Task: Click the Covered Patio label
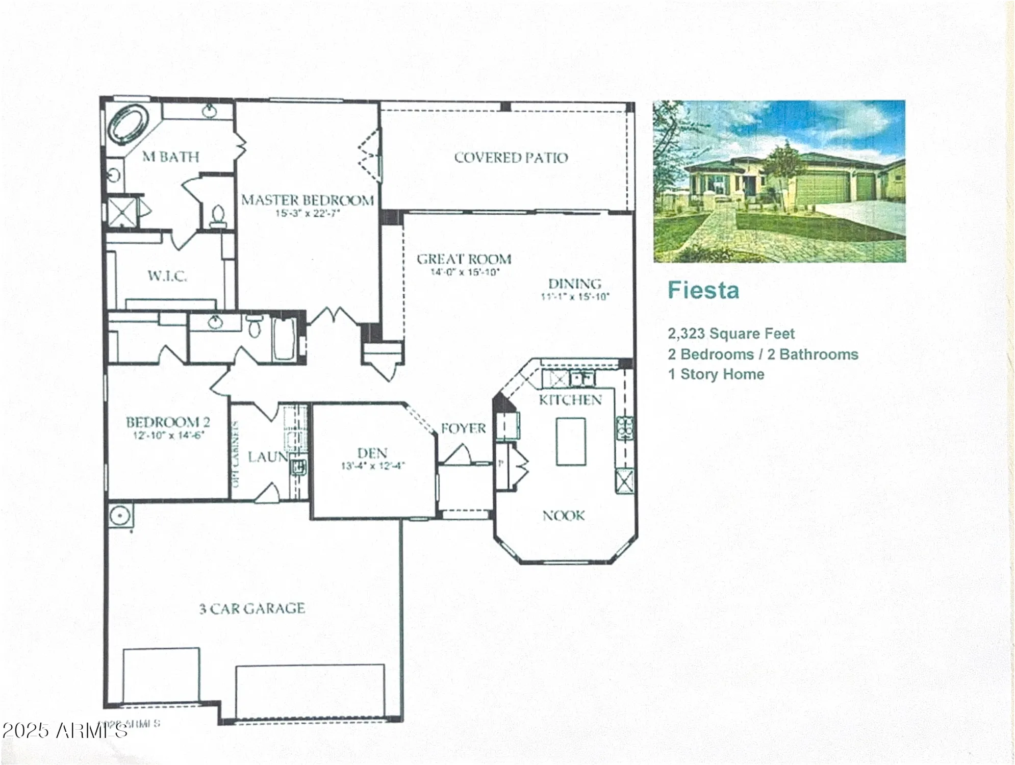click(x=511, y=158)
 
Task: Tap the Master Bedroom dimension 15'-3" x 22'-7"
click(x=307, y=213)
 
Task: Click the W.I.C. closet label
click(x=167, y=276)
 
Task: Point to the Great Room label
click(x=464, y=259)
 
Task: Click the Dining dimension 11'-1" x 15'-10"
click(x=575, y=296)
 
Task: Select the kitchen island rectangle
click(x=571, y=442)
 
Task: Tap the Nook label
click(x=564, y=516)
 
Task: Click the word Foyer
click(x=463, y=428)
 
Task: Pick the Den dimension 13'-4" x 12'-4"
click(x=373, y=466)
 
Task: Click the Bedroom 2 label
click(x=168, y=422)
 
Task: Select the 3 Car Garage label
click(x=252, y=608)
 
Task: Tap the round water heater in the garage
click(x=120, y=516)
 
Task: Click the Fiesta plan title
click(x=703, y=291)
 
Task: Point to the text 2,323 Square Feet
click(x=731, y=334)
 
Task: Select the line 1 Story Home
click(x=716, y=374)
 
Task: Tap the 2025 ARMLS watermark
click(x=65, y=731)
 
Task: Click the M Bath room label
click(x=170, y=157)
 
